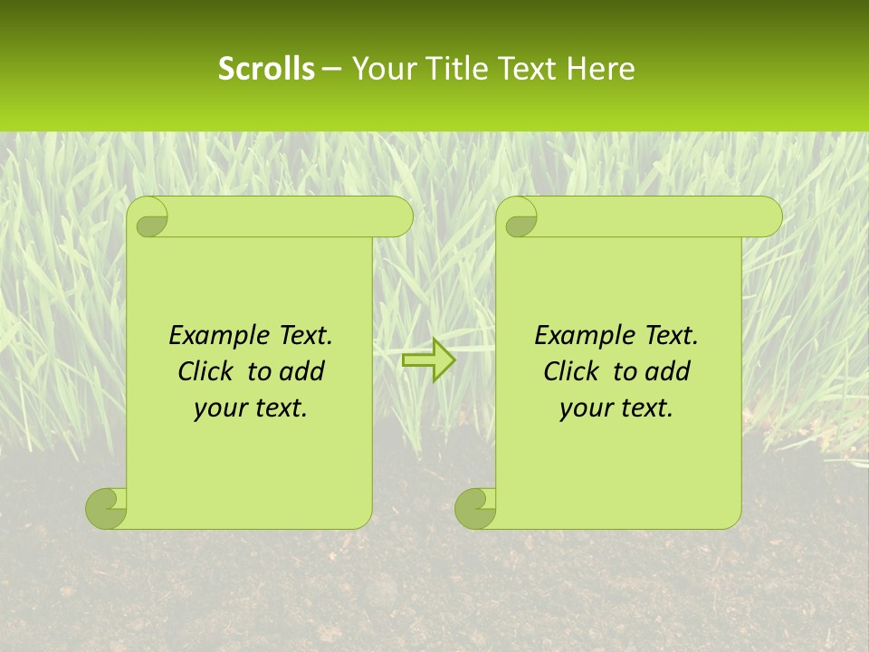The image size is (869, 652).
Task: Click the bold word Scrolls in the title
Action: pyautogui.click(x=266, y=69)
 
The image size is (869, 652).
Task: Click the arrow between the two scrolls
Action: pyautogui.click(x=428, y=360)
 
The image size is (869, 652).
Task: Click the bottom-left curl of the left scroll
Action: pyautogui.click(x=107, y=508)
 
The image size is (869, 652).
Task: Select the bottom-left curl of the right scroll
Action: pyautogui.click(x=475, y=508)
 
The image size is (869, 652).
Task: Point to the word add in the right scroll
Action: pyautogui.click(x=666, y=371)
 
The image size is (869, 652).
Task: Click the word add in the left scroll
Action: pyautogui.click(x=301, y=371)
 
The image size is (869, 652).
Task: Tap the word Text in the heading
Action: pyautogui.click(x=527, y=69)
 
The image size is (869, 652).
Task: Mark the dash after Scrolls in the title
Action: pyautogui.click(x=332, y=69)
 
